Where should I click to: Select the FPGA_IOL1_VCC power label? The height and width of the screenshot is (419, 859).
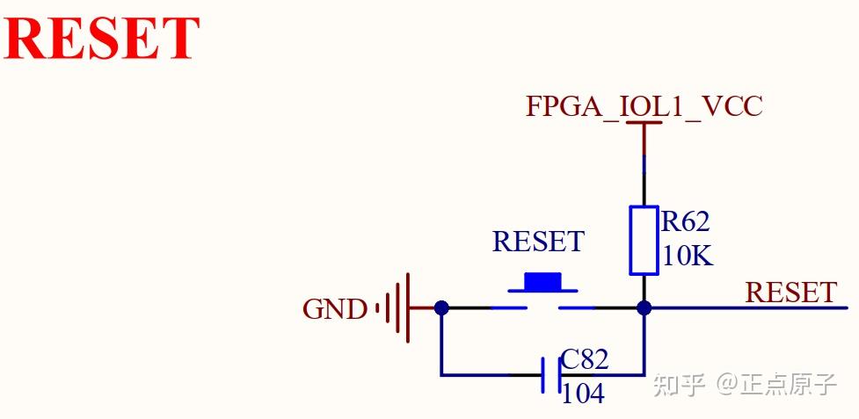[x=644, y=106]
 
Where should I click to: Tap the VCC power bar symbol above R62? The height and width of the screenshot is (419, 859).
[x=644, y=125]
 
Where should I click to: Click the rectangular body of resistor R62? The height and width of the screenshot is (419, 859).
[x=644, y=241]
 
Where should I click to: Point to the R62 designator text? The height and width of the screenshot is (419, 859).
[x=685, y=222]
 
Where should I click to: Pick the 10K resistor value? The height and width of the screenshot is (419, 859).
[x=688, y=256]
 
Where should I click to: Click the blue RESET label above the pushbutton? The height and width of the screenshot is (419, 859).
[x=537, y=242]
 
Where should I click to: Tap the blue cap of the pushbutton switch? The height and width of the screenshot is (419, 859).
[x=542, y=281]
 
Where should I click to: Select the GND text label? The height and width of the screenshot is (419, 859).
[x=334, y=309]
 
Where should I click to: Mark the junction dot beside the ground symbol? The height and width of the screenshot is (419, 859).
[x=441, y=307]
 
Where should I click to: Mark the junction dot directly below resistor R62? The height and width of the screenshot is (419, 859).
[x=644, y=307]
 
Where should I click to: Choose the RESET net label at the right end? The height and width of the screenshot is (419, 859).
[x=790, y=292]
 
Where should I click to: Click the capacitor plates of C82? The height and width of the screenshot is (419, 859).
[x=550, y=375]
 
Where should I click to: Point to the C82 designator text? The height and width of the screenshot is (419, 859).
[x=585, y=359]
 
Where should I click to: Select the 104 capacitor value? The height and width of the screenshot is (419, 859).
[x=583, y=394]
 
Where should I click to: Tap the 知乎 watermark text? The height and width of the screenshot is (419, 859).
[x=680, y=384]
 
